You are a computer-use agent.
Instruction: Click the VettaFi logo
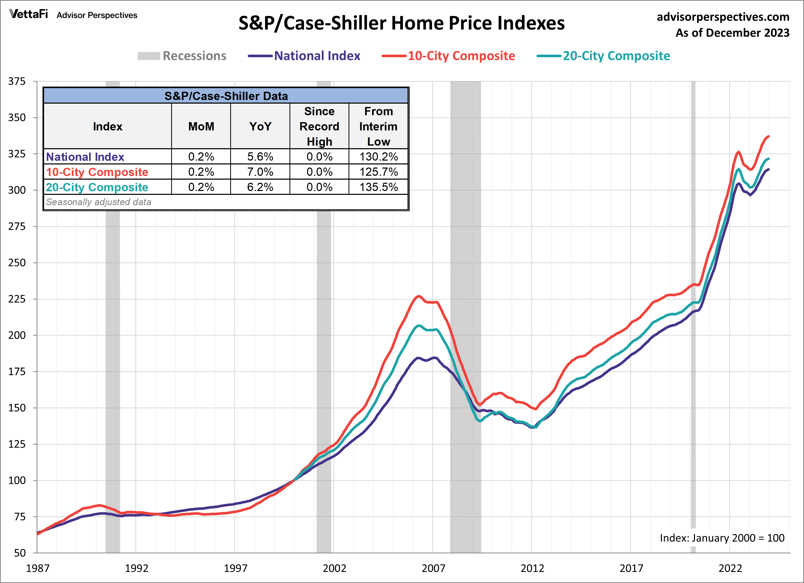coord(29,14)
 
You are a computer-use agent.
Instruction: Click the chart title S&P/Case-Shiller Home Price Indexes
coord(401,23)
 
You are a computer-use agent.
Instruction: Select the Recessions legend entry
coord(182,56)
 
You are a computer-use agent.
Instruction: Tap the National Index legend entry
coord(304,56)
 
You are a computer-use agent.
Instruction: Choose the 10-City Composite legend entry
coord(449,56)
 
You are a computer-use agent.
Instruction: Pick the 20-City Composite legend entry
coord(603,56)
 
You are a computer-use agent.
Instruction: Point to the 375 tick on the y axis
coord(17,81)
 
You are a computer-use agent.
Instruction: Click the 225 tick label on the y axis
coord(17,299)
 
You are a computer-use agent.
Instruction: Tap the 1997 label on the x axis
coord(235,568)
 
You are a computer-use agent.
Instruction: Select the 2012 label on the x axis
coord(532,568)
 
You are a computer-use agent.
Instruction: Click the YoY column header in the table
coord(260,127)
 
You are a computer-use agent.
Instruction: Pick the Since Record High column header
coord(319,127)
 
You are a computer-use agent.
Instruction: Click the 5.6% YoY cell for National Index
coord(260,157)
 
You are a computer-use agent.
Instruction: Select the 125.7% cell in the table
coord(379,172)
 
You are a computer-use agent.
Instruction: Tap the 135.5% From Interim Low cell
coord(379,187)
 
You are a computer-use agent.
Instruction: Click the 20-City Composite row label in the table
coord(97,187)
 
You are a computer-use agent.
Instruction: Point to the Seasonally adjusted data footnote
coord(98,202)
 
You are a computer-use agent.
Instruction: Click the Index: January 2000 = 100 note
coord(722,538)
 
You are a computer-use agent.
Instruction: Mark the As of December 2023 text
coord(732,33)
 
